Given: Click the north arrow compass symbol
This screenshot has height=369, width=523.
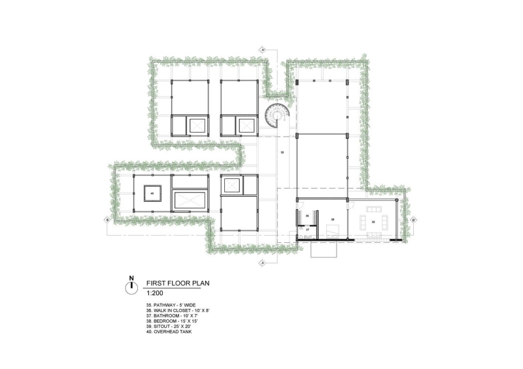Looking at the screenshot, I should click(x=131, y=286).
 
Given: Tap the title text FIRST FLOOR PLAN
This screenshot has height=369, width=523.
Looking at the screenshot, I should click(x=174, y=283).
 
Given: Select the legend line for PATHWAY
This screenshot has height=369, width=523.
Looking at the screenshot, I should click(x=171, y=305).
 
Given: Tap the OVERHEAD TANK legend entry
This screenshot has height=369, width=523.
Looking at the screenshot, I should click(x=169, y=331).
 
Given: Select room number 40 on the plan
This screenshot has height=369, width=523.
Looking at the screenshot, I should click(x=151, y=194).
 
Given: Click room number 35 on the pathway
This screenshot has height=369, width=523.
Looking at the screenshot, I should click(x=282, y=152).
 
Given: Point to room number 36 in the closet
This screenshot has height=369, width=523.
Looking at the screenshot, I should click(x=307, y=216).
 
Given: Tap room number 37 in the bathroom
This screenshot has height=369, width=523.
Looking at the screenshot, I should click(x=307, y=231).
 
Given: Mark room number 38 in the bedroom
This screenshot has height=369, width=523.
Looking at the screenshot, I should click(x=333, y=220).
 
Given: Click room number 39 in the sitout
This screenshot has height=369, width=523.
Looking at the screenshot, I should click(x=373, y=222).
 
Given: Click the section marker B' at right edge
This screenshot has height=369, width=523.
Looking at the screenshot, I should click(x=414, y=221).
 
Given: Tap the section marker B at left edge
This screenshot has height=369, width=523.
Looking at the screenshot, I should click(x=107, y=221).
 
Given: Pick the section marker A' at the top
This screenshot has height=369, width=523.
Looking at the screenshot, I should click(x=263, y=50).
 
